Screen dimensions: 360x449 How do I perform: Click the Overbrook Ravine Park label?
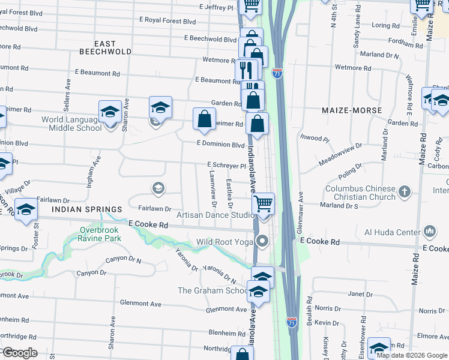click(x=100, y=233)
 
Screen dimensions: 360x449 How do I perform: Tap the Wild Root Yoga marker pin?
click(x=262, y=242)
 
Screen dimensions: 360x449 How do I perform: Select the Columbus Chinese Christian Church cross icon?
click(x=405, y=192)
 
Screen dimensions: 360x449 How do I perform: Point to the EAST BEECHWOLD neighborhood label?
click(x=105, y=47)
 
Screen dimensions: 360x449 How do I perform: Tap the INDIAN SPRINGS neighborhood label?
click(x=82, y=209)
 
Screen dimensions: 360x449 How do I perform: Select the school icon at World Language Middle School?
click(x=110, y=112)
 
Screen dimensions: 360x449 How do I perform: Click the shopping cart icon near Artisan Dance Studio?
click(x=263, y=204)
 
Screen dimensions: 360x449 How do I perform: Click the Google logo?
click(x=19, y=353)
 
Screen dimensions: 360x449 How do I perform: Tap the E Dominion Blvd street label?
click(x=221, y=145)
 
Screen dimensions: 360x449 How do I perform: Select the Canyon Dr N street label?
click(x=122, y=260)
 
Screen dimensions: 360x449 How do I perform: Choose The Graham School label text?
click(x=212, y=291)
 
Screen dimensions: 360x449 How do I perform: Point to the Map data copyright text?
click(x=412, y=355)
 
